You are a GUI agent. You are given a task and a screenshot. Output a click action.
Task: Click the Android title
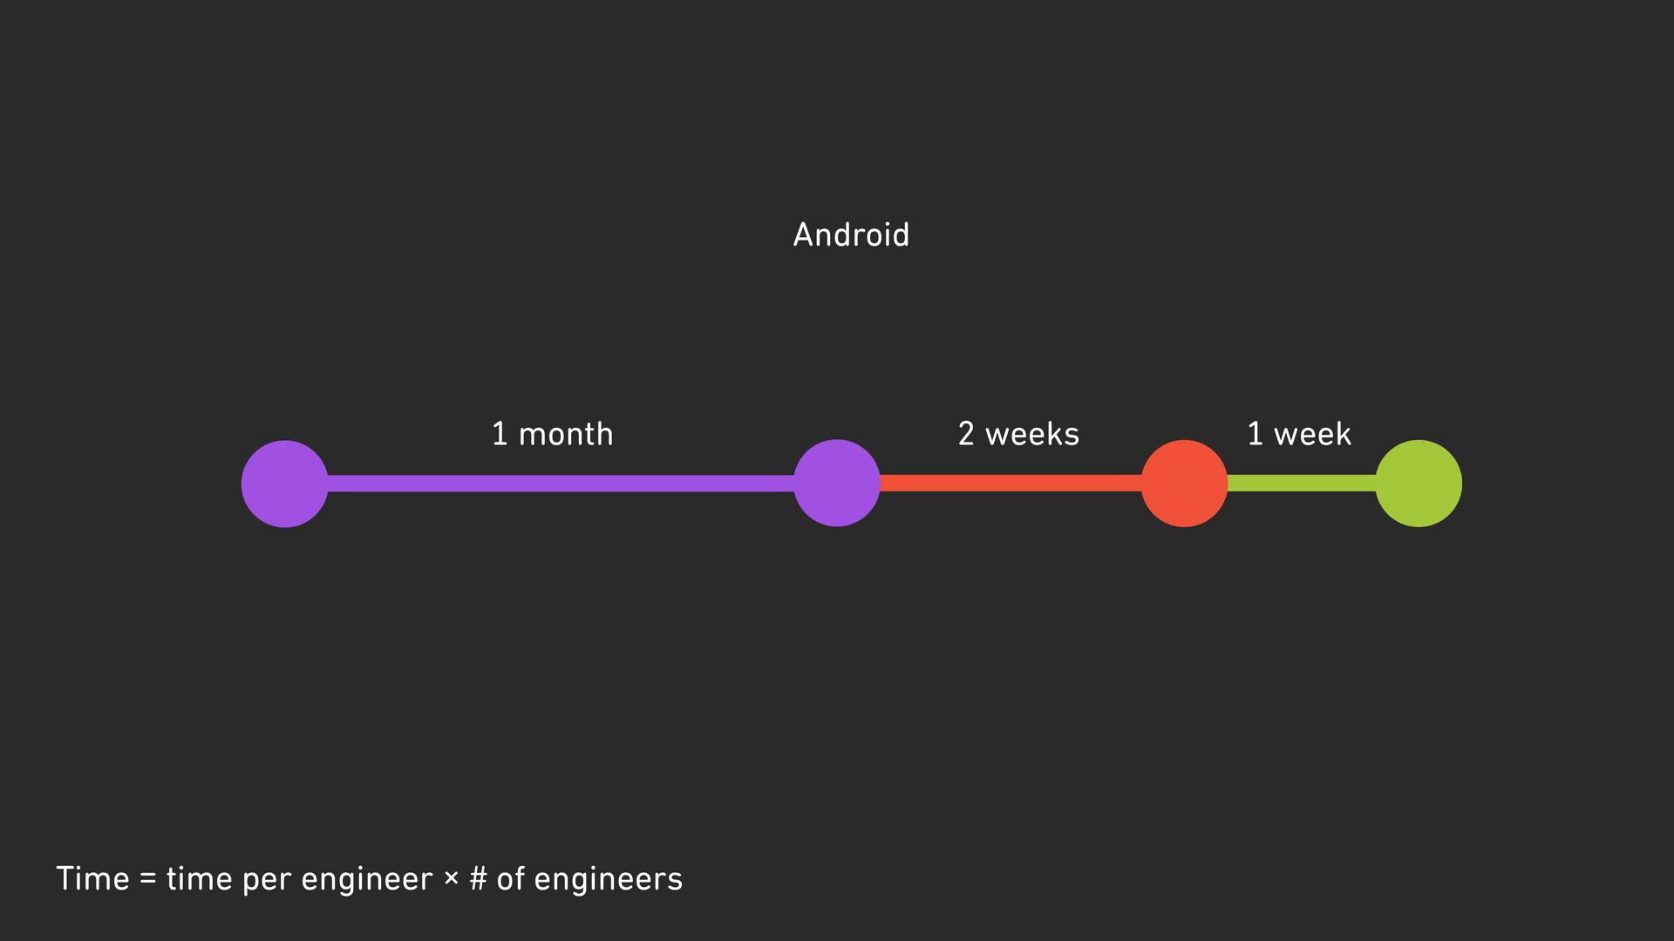[x=851, y=235]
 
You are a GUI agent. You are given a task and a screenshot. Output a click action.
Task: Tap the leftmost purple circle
[x=284, y=484]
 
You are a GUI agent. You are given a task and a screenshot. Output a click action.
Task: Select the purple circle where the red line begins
[x=837, y=484]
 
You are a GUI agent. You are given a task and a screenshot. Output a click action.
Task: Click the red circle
[x=1184, y=484]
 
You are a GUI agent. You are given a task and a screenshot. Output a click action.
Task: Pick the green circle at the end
[x=1419, y=484]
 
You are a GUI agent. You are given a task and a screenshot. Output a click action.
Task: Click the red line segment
[x=1011, y=484]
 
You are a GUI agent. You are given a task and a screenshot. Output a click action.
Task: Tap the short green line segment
[x=1301, y=484]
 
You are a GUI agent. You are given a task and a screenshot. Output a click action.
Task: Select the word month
[x=566, y=434]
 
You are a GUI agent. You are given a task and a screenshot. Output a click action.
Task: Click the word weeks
[x=1032, y=434]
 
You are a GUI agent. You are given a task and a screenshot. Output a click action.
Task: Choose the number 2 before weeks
[x=966, y=434]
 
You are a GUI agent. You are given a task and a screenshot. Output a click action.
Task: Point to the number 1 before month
[x=500, y=434]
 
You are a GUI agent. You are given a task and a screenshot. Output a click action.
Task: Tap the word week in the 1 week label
[x=1312, y=434]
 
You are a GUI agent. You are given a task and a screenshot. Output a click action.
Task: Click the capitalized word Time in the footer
[x=92, y=878]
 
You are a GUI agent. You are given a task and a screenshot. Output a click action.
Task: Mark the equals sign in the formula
[x=147, y=879]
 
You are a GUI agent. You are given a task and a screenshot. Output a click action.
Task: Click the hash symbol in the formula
[x=478, y=878]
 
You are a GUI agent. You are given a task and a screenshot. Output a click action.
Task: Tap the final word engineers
[x=608, y=880]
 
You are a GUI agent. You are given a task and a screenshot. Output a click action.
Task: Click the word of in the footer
[x=511, y=878]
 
